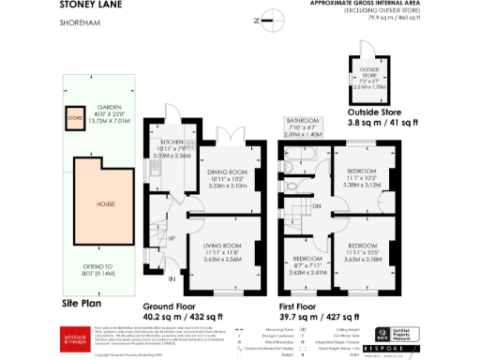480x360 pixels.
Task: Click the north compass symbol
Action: (268, 16)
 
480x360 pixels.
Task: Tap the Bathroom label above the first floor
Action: (304, 127)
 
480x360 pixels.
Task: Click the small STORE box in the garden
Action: (73, 119)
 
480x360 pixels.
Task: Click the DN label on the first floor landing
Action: (318, 206)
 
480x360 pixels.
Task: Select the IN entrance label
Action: (172, 278)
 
